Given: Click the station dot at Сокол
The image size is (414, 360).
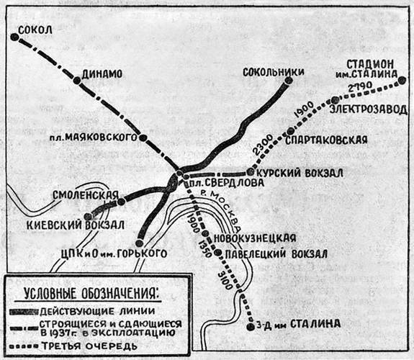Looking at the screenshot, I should (x=15, y=38).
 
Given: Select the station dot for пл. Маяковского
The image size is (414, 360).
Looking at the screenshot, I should (x=143, y=137).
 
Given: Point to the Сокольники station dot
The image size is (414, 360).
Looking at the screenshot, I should (x=288, y=81).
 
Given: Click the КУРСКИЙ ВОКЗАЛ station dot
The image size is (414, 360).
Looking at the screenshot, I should (x=250, y=172).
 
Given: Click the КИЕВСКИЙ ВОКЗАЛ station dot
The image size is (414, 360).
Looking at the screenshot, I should (x=88, y=216).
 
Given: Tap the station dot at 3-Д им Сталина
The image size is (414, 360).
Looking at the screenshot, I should (x=251, y=326).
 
